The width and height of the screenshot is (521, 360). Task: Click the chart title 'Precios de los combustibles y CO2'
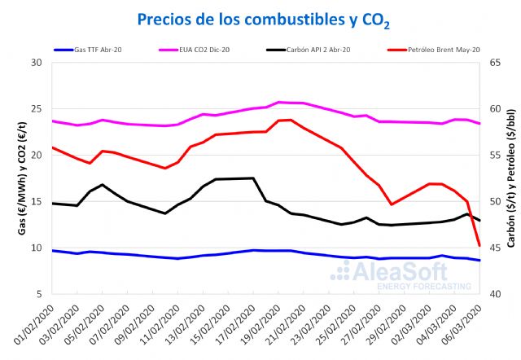pos(260,19)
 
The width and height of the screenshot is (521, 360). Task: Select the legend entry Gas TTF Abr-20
pos(99,50)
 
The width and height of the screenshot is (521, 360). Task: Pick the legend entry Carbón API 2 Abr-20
pos(318,50)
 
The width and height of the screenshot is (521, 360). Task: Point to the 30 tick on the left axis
pos(36,63)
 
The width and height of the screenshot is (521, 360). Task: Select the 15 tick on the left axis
pos(36,201)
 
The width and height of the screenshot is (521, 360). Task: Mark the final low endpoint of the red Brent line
pos(479,245)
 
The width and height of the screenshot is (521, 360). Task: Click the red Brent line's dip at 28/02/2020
pos(392,204)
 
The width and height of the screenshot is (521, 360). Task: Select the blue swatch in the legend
pos(63,50)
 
